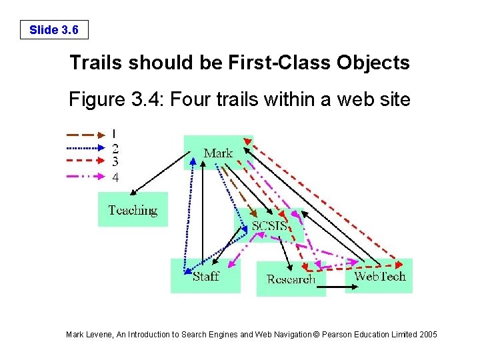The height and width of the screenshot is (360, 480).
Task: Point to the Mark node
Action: click(217, 153)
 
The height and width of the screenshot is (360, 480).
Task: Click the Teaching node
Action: click(133, 210)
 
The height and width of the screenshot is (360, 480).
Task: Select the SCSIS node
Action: click(269, 225)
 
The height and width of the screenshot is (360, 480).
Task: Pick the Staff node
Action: click(205, 275)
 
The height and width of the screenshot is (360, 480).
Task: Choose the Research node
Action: click(291, 279)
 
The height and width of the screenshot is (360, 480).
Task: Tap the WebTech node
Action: click(379, 275)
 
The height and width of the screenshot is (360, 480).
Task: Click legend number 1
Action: click(115, 133)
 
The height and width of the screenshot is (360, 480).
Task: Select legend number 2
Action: click(115, 148)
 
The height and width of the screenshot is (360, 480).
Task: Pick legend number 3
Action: click(115, 161)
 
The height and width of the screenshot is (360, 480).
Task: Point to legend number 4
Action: click(115, 177)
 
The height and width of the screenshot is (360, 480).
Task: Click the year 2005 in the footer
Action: click(427, 334)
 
